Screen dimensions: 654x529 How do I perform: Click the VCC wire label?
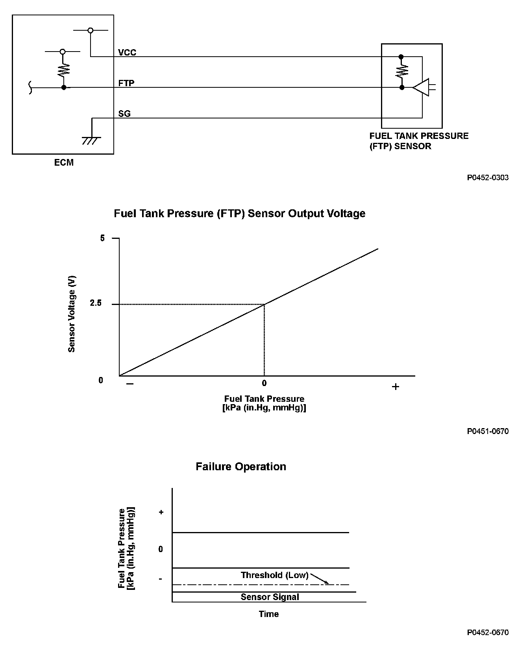[x=127, y=52]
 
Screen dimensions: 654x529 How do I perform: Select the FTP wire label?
[x=126, y=83]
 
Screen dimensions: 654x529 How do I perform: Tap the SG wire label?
[x=124, y=114]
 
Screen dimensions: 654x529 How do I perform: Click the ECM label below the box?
[x=64, y=163]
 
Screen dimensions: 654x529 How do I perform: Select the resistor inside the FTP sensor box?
[x=402, y=71]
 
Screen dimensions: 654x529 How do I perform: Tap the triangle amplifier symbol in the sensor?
[x=421, y=87]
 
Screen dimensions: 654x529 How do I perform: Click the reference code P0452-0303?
[x=488, y=177]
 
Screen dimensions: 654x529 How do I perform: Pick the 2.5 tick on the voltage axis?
[x=96, y=303]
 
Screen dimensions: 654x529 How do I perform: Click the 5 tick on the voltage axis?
[x=103, y=238]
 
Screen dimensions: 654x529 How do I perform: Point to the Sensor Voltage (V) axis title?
[x=72, y=314]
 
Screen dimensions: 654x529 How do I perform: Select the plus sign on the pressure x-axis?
[x=396, y=387]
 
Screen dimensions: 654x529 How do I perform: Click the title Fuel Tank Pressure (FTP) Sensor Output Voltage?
[x=239, y=213]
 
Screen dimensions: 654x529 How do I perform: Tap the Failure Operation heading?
[x=241, y=467]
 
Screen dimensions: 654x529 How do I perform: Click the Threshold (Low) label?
[x=274, y=575]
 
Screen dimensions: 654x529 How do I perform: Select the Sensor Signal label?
[x=270, y=597]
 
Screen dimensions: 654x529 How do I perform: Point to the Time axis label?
[x=269, y=614]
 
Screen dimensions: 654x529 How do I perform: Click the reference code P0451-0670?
[x=488, y=431]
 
